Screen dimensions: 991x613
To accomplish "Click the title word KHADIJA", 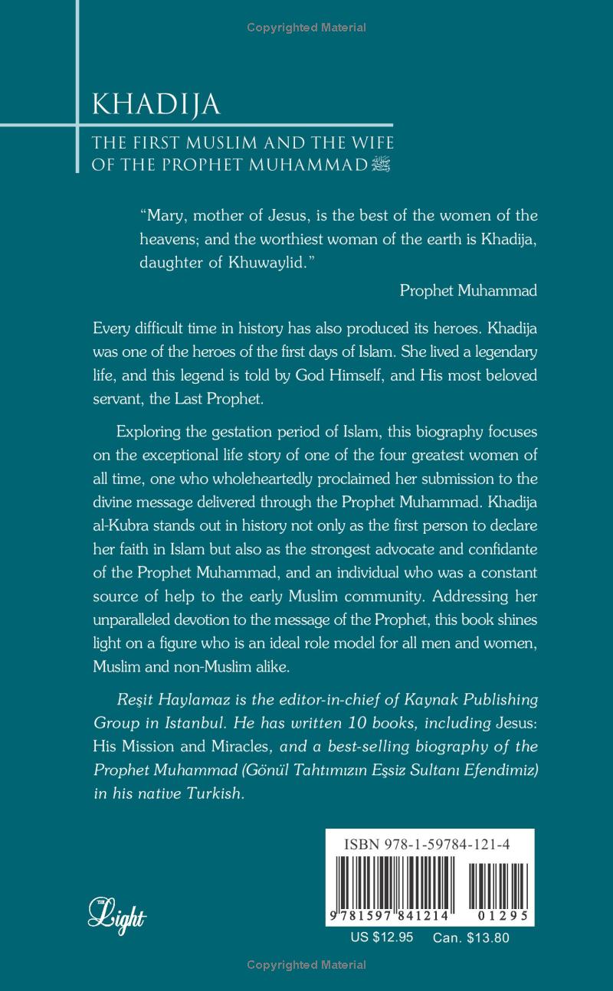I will coord(156,105).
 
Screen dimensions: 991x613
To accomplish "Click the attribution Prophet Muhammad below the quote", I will coord(468,290).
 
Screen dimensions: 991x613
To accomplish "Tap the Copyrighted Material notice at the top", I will coord(306,28).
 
